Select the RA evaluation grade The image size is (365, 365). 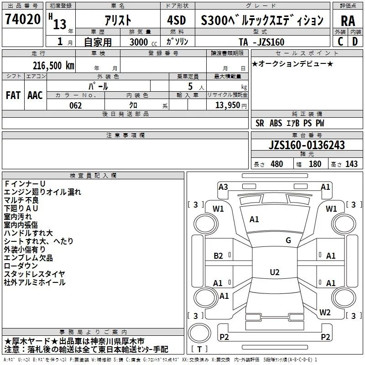pyautogui.click(x=348, y=21)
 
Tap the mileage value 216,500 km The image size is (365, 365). pyautogui.click(x=53, y=66)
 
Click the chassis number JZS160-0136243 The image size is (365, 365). pyautogui.click(x=307, y=146)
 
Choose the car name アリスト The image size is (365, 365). pyautogui.click(x=117, y=20)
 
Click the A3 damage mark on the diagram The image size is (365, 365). pyautogui.click(x=223, y=187)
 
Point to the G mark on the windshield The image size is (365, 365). pyautogui.click(x=288, y=240)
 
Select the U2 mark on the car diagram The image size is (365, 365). pyautogui.click(x=274, y=272)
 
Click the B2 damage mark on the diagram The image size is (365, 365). pyautogui.click(x=219, y=256)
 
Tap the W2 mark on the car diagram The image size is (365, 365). pyautogui.click(x=325, y=313)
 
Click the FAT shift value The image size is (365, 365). pyautogui.click(x=13, y=95)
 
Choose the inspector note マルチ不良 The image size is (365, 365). pyautogui.click(x=21, y=200)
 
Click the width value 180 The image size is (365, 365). pyautogui.click(x=315, y=164)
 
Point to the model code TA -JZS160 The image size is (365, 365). pyautogui.click(x=261, y=42)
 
